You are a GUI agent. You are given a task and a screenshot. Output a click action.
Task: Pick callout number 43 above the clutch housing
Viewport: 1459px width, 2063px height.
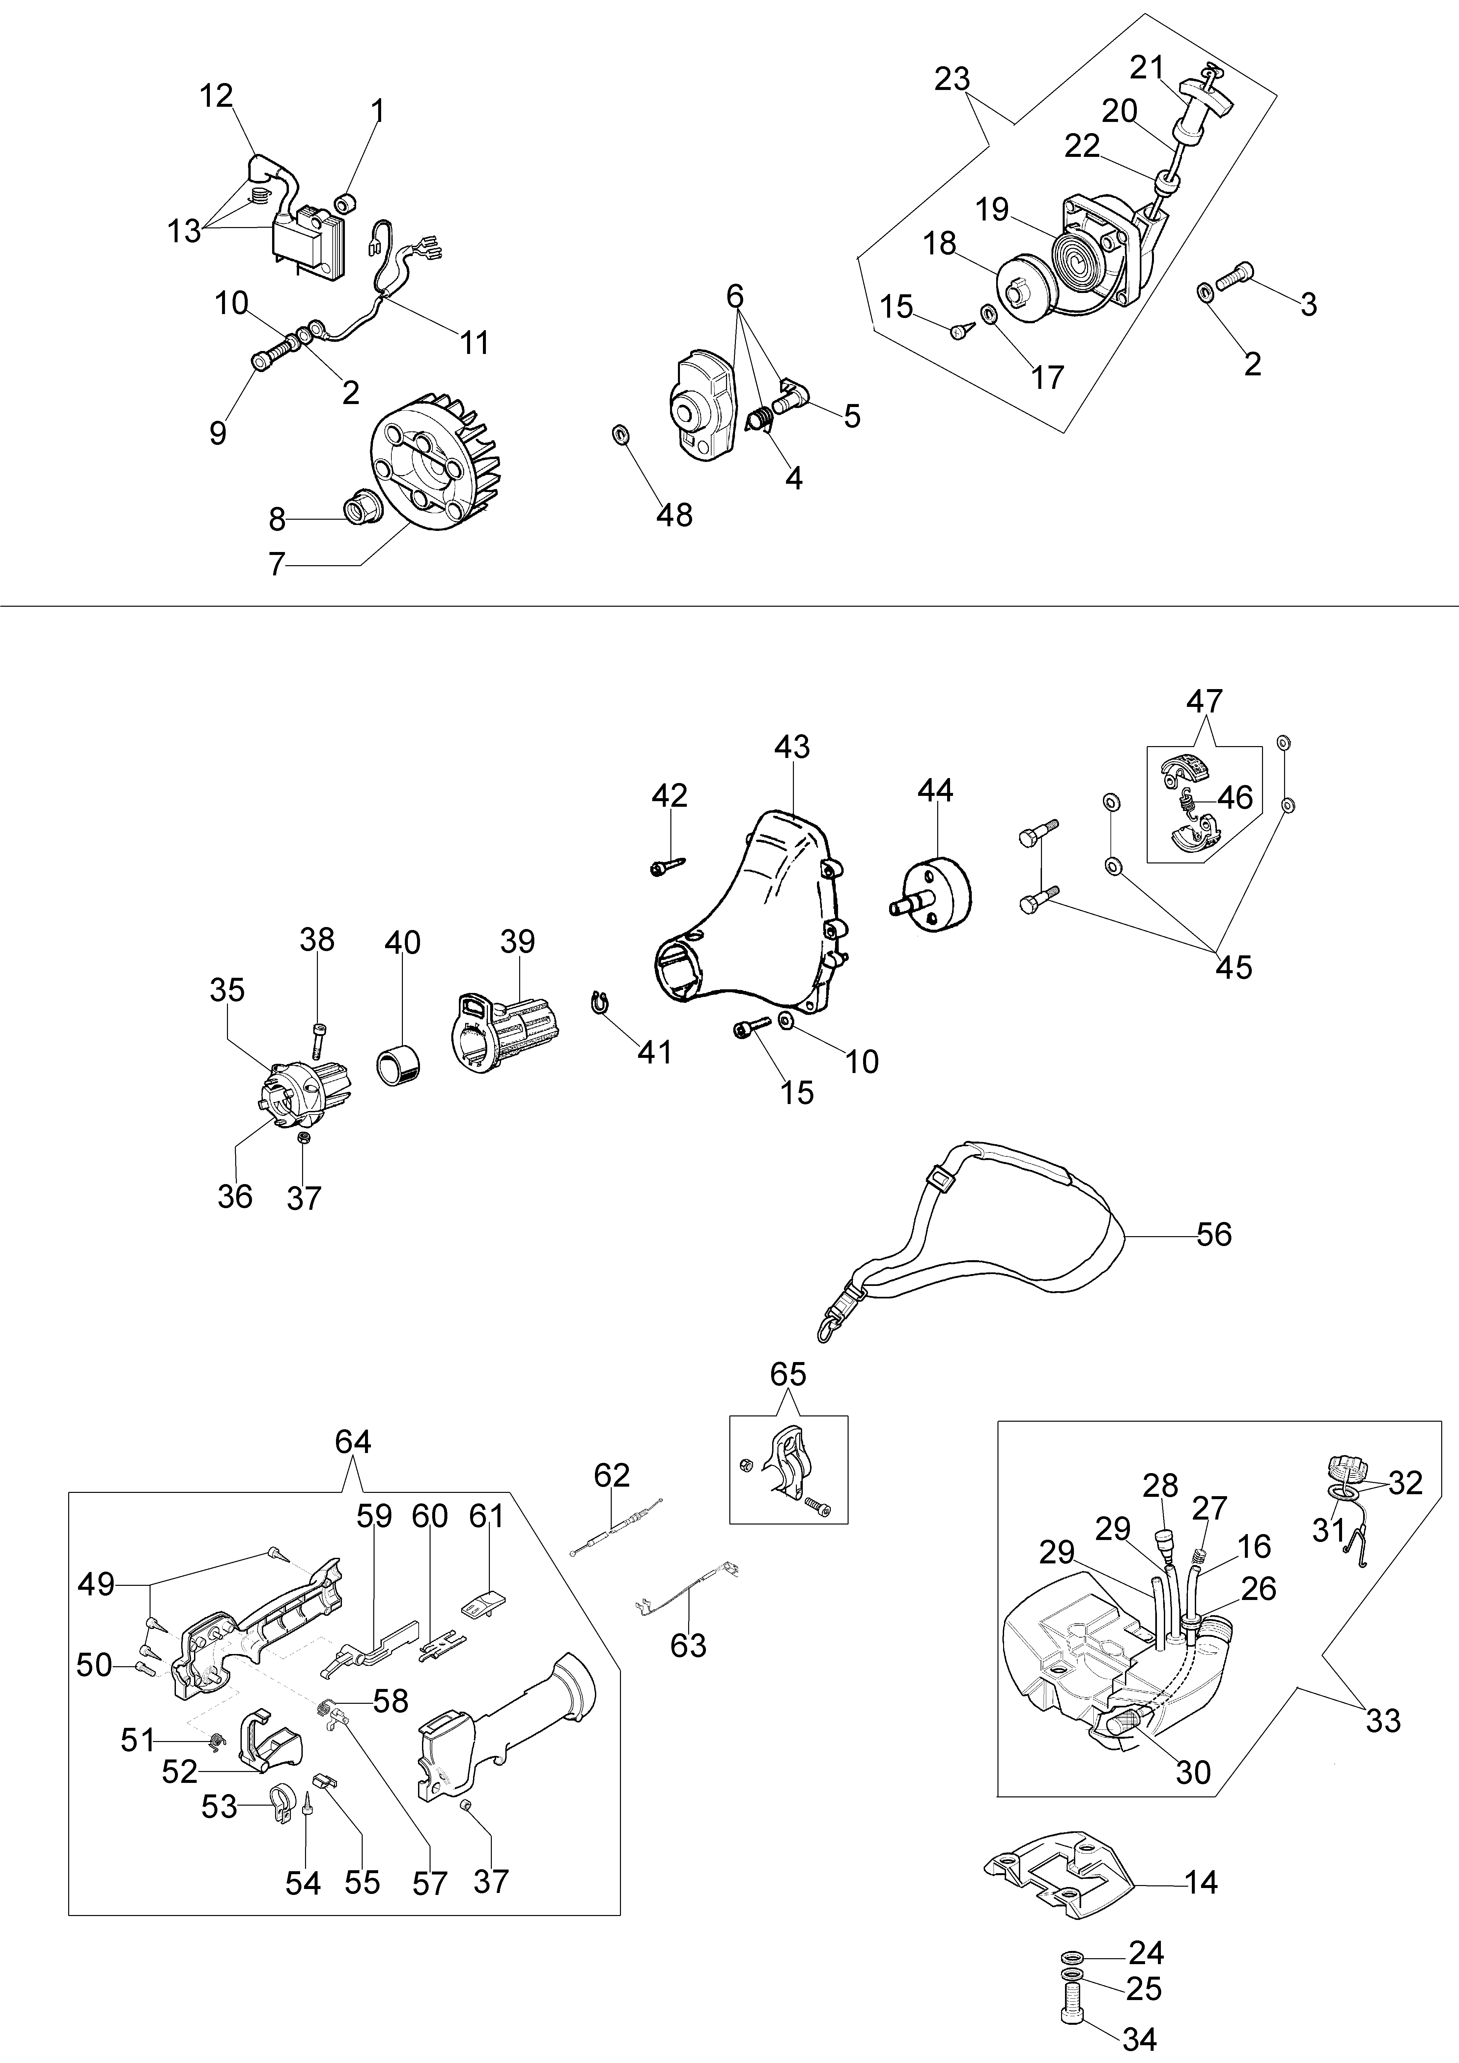(x=792, y=747)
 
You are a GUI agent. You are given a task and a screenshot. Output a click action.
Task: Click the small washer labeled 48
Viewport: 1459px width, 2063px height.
(x=618, y=435)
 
